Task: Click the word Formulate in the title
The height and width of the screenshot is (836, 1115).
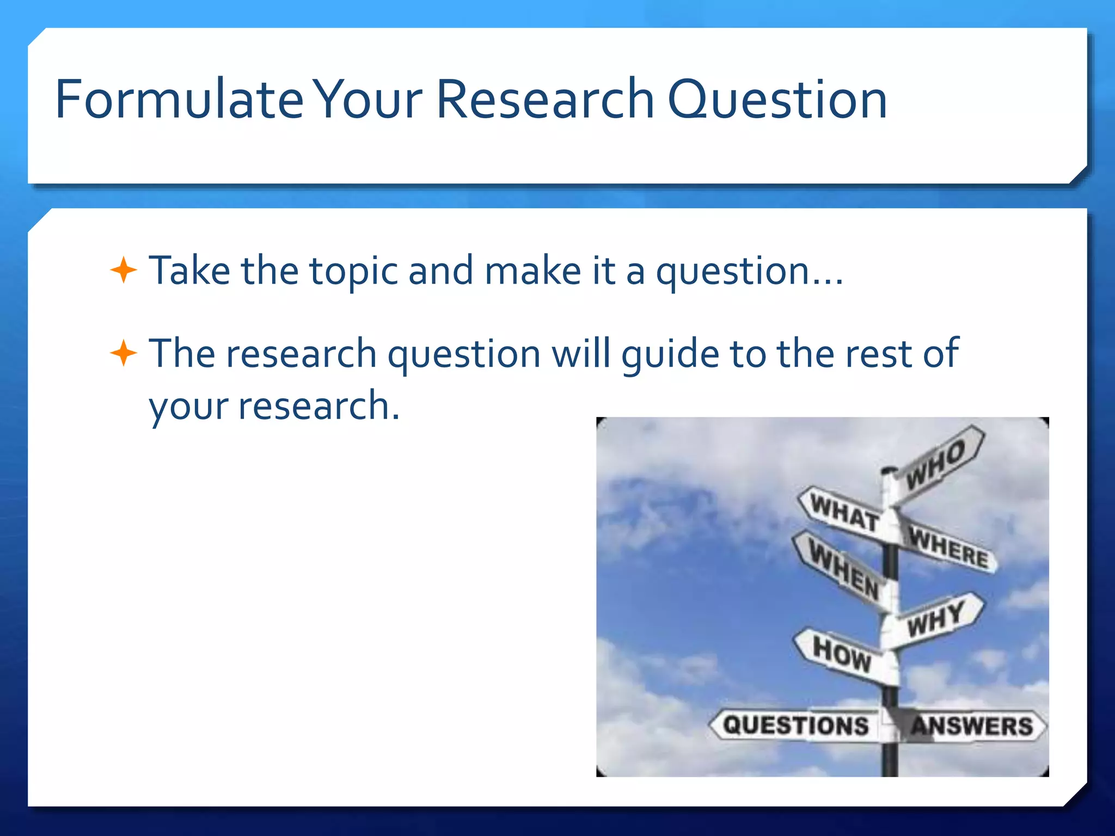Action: pos(179,100)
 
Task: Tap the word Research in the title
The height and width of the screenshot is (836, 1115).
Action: pos(545,100)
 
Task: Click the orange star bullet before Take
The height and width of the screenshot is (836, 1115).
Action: pos(124,270)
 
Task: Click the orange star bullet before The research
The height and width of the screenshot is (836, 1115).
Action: pos(124,353)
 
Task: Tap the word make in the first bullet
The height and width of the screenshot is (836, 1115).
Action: pos(532,271)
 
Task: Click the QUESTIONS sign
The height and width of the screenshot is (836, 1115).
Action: pos(795,726)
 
